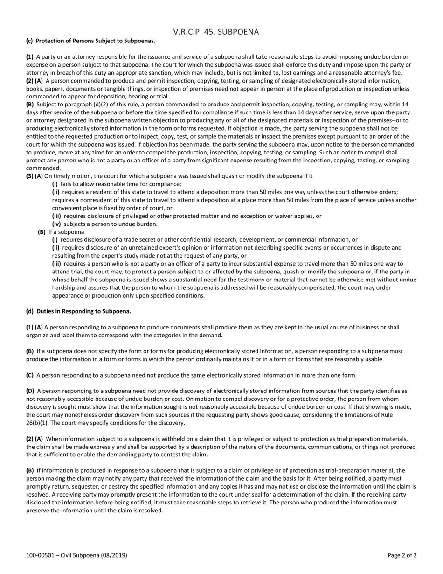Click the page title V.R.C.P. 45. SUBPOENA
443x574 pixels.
point(216,32)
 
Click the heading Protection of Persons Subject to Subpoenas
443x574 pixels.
point(95,41)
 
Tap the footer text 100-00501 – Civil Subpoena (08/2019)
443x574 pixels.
point(76,555)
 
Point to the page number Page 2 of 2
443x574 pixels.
point(402,555)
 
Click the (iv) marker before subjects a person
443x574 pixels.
point(56,224)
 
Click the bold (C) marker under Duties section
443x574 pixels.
point(30,375)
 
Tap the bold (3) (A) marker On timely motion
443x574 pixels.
point(34,176)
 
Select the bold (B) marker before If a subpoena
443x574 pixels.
point(42,232)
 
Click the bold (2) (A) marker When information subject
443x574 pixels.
point(34,439)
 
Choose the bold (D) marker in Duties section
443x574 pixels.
point(30,391)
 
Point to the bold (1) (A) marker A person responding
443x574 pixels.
point(34,328)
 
